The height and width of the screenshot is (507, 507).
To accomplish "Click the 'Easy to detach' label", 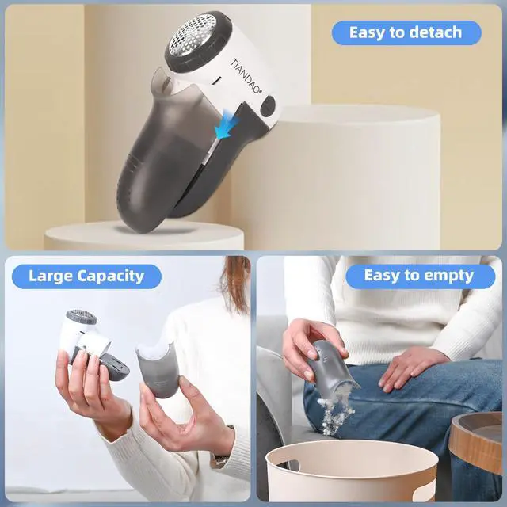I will [405, 32].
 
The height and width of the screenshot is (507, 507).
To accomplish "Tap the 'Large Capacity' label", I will [86, 276].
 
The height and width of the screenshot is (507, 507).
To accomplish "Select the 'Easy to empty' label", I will [418, 276].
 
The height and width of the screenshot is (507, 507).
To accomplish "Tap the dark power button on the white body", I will [268, 105].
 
